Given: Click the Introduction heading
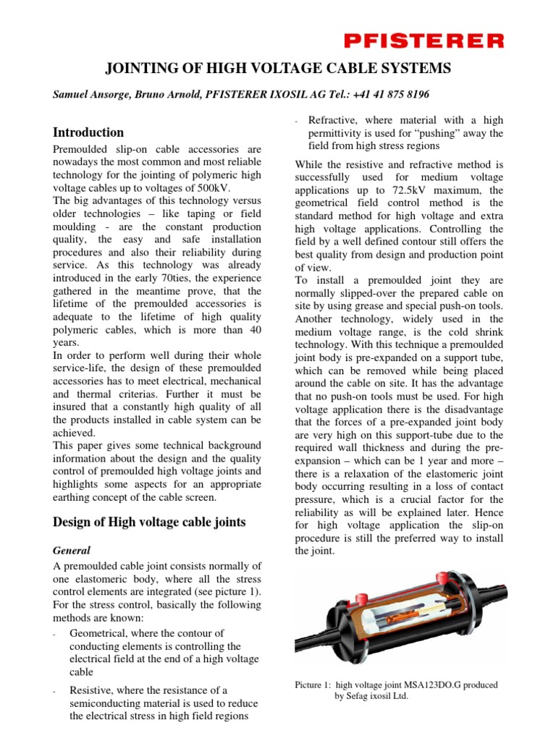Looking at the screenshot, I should [89, 132].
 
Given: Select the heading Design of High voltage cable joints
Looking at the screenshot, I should [150, 522].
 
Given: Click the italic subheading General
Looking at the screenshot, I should [72, 550].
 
